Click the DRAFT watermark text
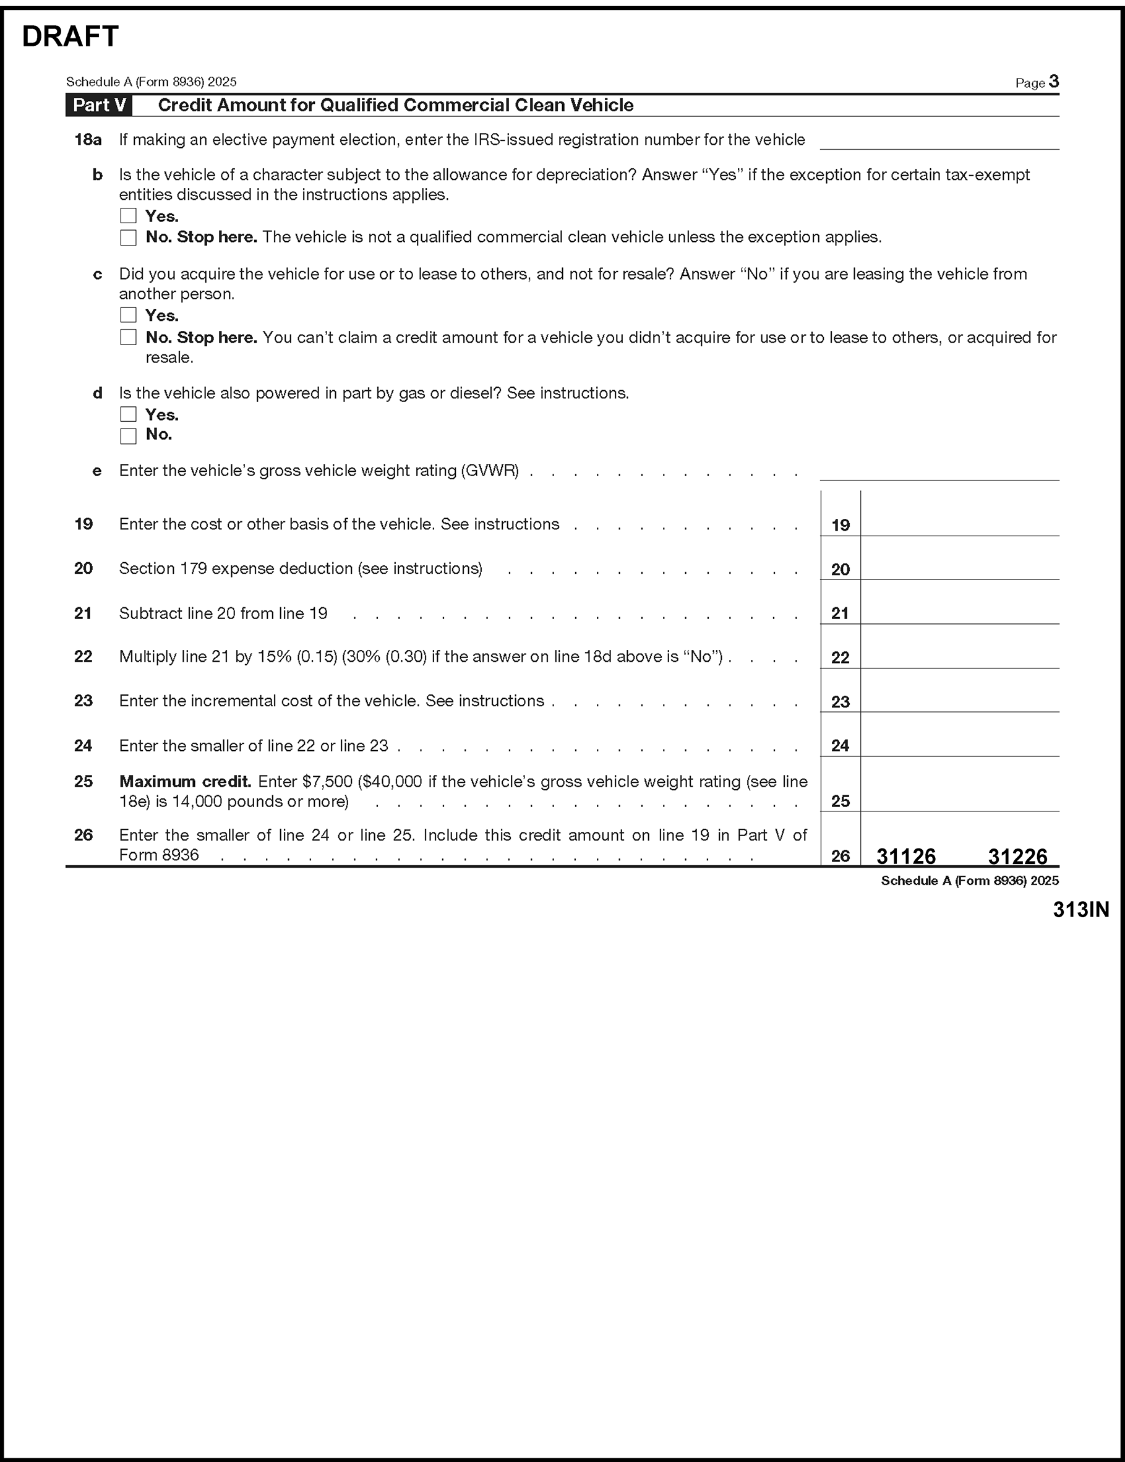71,37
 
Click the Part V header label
99,105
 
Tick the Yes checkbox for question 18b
128,216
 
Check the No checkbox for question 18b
128,237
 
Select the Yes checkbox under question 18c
128,315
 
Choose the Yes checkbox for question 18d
128,414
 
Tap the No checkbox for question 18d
128,436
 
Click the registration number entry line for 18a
939,140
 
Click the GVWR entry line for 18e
939,471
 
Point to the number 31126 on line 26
906,856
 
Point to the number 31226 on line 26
1017,856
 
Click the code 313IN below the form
1080,909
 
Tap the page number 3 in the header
1054,82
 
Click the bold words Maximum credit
185,781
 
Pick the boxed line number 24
840,746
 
